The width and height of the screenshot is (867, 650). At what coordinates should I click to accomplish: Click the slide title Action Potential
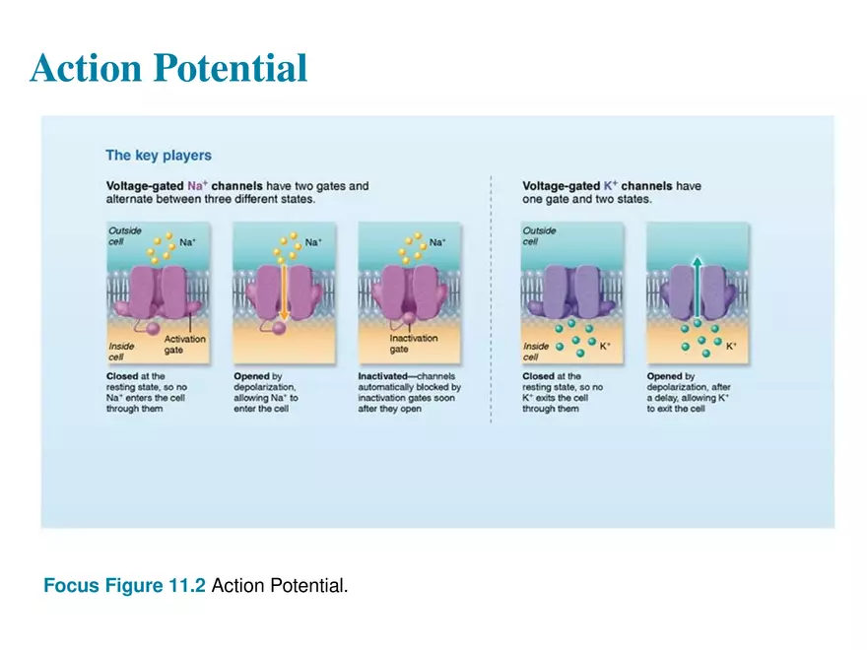(x=168, y=68)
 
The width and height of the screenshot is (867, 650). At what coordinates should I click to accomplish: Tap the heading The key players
(x=158, y=156)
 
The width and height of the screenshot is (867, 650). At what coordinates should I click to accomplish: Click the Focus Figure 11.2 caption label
(x=124, y=587)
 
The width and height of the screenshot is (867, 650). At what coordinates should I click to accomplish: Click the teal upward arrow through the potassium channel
(x=697, y=286)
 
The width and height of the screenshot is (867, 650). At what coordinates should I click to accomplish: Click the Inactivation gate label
(x=413, y=345)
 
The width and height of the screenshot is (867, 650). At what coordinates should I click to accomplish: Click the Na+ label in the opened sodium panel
(x=313, y=241)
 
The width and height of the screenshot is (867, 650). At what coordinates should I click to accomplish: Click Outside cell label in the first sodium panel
(x=123, y=236)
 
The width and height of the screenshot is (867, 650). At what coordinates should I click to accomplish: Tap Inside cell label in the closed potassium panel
(x=537, y=352)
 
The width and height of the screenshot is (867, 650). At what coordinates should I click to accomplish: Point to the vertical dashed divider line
(x=491, y=295)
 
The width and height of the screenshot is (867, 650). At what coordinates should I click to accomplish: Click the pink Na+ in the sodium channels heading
(x=197, y=185)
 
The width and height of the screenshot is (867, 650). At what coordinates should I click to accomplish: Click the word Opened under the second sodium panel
(x=251, y=376)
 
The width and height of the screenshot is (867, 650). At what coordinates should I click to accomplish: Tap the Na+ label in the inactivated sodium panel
(x=438, y=241)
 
